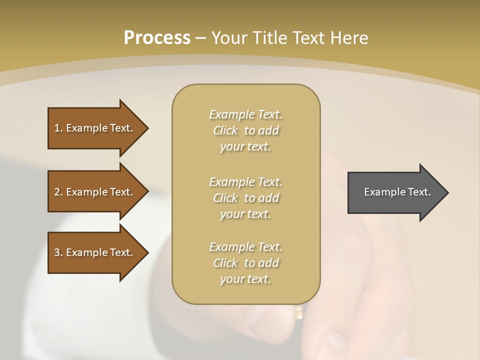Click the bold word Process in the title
157,38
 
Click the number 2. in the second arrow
58,192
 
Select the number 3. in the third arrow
58,252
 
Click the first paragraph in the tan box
245,130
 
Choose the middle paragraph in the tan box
245,198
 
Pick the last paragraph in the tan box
245,263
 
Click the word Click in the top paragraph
225,131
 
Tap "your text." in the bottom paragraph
245,279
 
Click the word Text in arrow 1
121,128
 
